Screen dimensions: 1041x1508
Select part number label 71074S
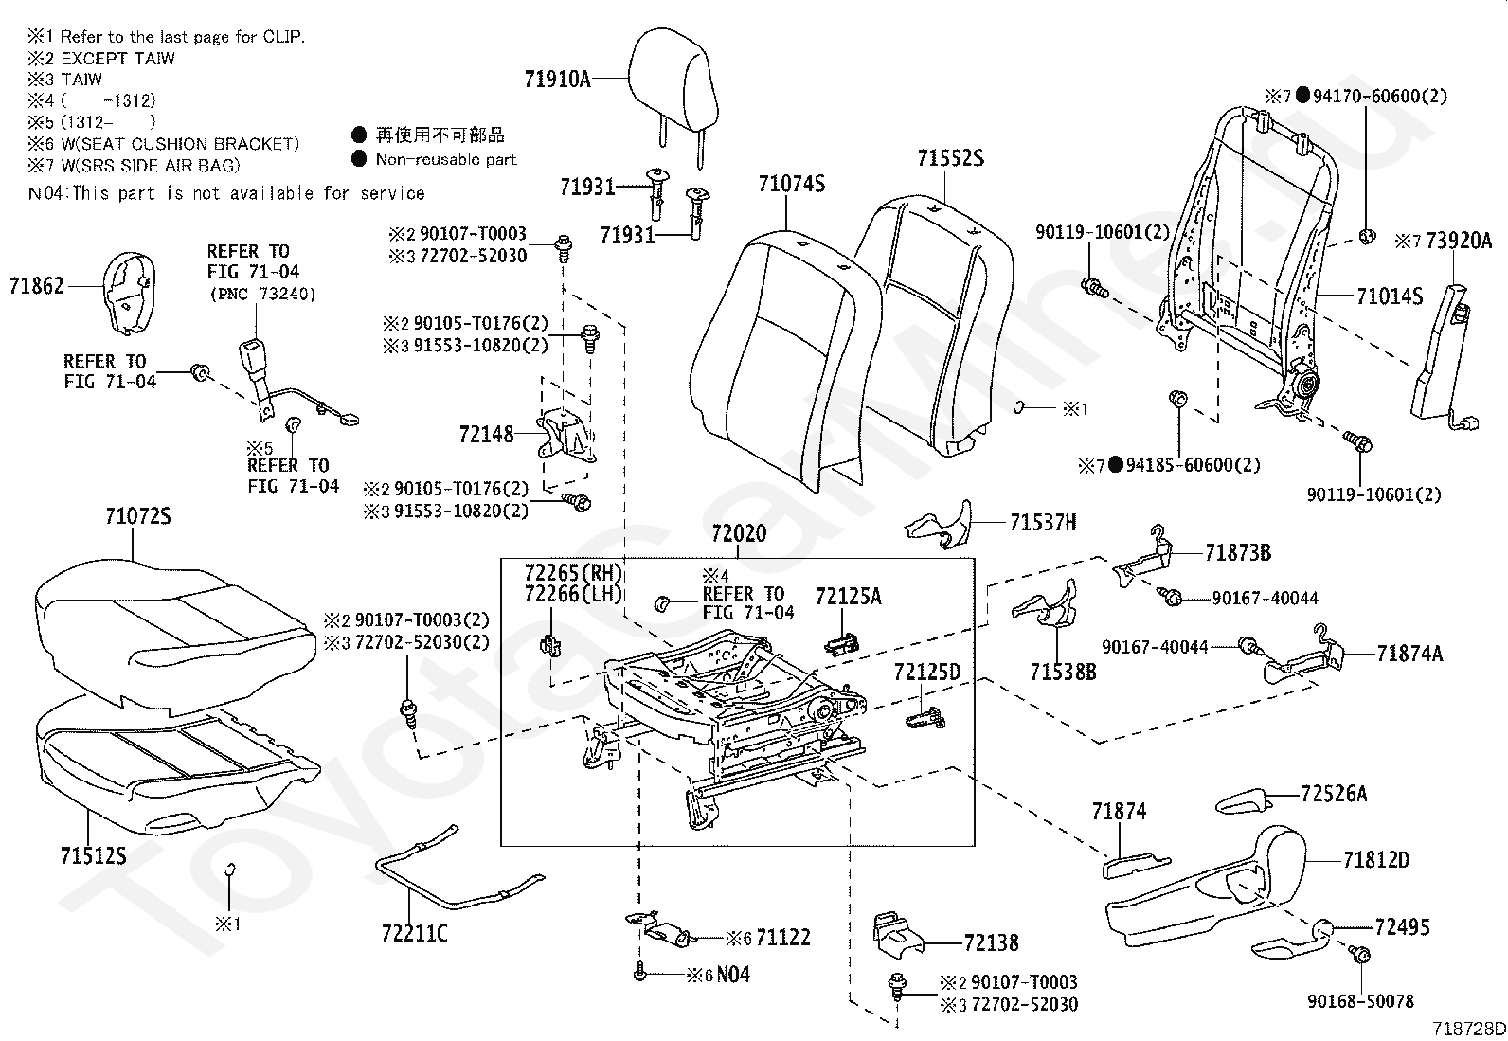(x=791, y=183)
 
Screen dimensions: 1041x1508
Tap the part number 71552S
(x=950, y=158)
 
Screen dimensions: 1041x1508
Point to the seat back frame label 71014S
(x=1389, y=296)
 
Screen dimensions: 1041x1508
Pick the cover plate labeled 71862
(x=126, y=293)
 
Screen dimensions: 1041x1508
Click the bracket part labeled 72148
(x=566, y=436)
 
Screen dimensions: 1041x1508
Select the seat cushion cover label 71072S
(x=137, y=517)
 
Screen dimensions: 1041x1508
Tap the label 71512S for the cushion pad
(x=93, y=855)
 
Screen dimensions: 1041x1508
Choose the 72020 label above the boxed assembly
(x=739, y=534)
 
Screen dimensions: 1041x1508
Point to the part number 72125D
(x=926, y=673)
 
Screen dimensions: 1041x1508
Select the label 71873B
(x=1237, y=552)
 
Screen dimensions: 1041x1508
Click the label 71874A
(x=1409, y=653)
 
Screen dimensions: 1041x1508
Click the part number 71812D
(x=1375, y=860)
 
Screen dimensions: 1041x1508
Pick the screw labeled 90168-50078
(x=1360, y=957)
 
